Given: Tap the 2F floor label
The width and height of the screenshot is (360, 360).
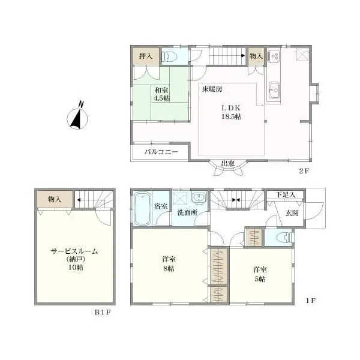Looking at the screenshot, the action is [x=304, y=171].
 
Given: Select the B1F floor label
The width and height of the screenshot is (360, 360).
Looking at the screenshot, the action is [x=103, y=313].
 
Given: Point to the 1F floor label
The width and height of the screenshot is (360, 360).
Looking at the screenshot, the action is [x=311, y=301].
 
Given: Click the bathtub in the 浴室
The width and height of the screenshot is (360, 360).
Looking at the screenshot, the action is [x=143, y=208].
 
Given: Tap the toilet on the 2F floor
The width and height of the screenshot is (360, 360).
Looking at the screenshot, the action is [x=169, y=56].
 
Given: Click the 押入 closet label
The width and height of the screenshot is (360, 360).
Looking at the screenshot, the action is [x=146, y=56].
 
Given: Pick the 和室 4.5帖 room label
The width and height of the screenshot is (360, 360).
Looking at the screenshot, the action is [x=161, y=94].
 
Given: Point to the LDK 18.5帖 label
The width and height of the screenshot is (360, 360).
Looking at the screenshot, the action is [x=231, y=112].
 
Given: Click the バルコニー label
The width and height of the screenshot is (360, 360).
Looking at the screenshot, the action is [x=161, y=152].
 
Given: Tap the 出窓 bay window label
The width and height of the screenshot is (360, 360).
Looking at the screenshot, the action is [x=227, y=164].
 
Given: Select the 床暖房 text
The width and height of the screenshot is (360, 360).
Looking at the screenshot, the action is [x=212, y=89].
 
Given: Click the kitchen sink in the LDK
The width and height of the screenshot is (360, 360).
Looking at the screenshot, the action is [x=274, y=90].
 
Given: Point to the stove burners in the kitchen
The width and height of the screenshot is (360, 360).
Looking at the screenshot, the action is [x=274, y=56].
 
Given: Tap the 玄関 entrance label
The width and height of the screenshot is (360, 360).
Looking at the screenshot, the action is [x=292, y=213].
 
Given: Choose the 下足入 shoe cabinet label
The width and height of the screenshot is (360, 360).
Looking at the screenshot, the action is [x=286, y=195].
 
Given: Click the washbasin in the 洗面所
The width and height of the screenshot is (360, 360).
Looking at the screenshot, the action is [x=199, y=198].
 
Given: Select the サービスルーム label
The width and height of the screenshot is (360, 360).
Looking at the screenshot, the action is [x=74, y=251].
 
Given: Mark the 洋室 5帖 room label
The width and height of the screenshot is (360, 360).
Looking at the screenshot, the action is [x=260, y=274].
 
